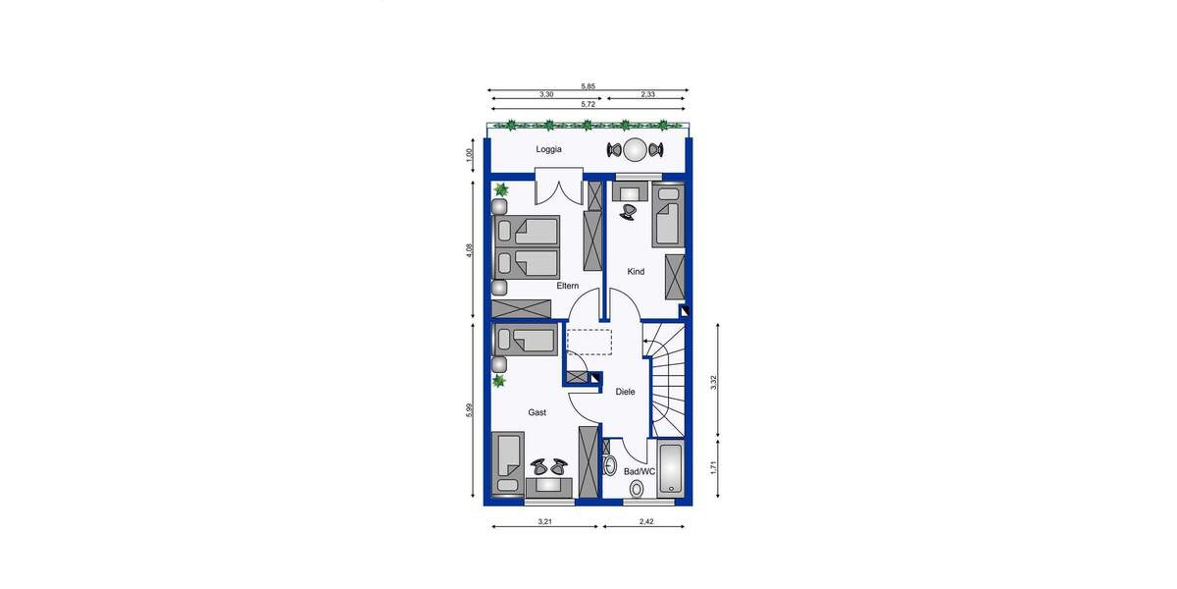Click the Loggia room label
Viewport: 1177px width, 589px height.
(548, 149)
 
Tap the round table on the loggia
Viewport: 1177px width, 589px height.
(635, 150)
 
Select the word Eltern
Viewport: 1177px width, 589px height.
(567, 286)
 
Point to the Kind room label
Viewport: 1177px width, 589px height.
(636, 272)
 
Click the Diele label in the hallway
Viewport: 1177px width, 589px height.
(625, 392)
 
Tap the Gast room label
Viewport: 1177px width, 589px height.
(537, 413)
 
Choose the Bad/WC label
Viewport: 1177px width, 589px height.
(640, 471)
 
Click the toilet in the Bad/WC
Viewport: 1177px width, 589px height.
(637, 488)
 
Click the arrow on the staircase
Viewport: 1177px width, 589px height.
(647, 341)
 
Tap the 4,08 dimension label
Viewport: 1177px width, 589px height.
(470, 251)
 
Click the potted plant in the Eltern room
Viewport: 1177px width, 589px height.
(501, 189)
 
